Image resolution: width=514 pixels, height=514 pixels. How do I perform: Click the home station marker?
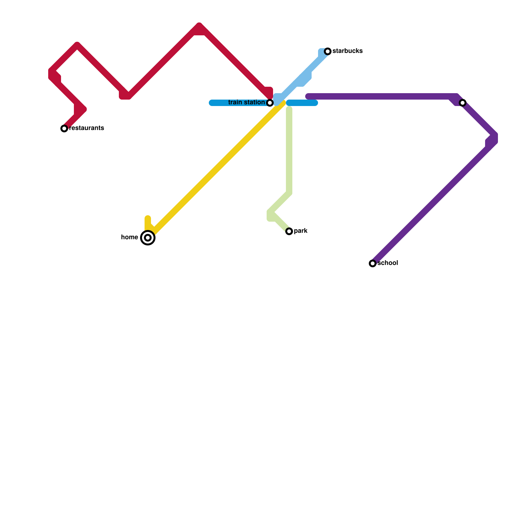148,238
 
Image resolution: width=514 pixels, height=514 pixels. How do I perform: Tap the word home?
129,237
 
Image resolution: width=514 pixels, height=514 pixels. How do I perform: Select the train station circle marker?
270,103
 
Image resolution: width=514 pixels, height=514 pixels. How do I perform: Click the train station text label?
246,102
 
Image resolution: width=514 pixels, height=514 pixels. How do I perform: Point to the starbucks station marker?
328,51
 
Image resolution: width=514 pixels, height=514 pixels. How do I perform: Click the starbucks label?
348,51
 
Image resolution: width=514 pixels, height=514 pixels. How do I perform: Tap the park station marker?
289,231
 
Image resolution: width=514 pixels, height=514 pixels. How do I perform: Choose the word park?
301,231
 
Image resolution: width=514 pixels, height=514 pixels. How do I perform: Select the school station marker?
373,263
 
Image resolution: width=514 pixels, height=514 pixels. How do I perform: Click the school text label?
388,263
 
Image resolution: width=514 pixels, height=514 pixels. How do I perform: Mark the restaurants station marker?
64,128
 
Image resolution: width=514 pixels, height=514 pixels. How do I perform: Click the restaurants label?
87,128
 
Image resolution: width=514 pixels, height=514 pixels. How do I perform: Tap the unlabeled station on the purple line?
463,103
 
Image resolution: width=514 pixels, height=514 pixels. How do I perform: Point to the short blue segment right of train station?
302,103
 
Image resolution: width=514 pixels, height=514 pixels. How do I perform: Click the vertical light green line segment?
289,151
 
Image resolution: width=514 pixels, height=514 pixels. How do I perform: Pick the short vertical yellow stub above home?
148,222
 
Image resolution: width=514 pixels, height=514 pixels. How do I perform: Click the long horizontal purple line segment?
379,96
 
